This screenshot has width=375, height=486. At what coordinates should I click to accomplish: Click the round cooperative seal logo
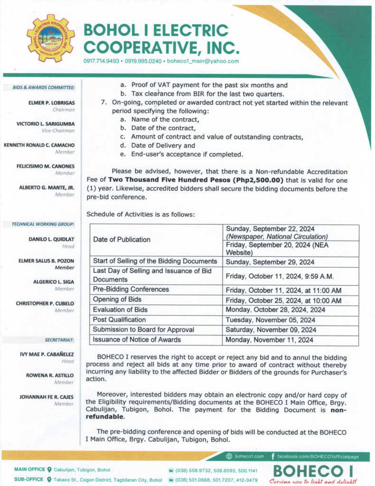point(50,38)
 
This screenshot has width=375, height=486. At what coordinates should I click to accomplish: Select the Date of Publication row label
point(122,240)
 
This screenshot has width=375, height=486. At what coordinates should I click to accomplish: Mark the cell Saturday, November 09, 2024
point(267,330)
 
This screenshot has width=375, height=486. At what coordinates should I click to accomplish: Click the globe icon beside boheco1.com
point(229,456)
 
